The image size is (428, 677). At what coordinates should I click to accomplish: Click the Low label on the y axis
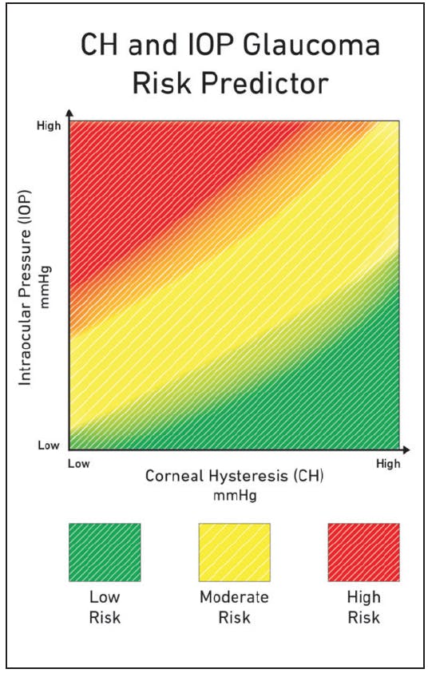(x=49, y=445)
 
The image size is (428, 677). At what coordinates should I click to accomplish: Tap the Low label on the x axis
(x=77, y=462)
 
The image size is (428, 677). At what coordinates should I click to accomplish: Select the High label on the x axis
(x=388, y=462)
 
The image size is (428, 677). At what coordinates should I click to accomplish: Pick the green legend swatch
(x=105, y=552)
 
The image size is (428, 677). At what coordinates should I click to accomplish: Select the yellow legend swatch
(x=234, y=552)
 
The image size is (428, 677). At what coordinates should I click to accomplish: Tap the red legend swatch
(x=363, y=552)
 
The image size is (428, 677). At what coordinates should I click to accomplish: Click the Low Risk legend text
(x=105, y=607)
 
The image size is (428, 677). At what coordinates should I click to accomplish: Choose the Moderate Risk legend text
(x=234, y=607)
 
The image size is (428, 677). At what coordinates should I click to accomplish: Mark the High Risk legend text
(x=363, y=607)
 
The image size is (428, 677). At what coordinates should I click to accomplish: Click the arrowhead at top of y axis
(x=69, y=114)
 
